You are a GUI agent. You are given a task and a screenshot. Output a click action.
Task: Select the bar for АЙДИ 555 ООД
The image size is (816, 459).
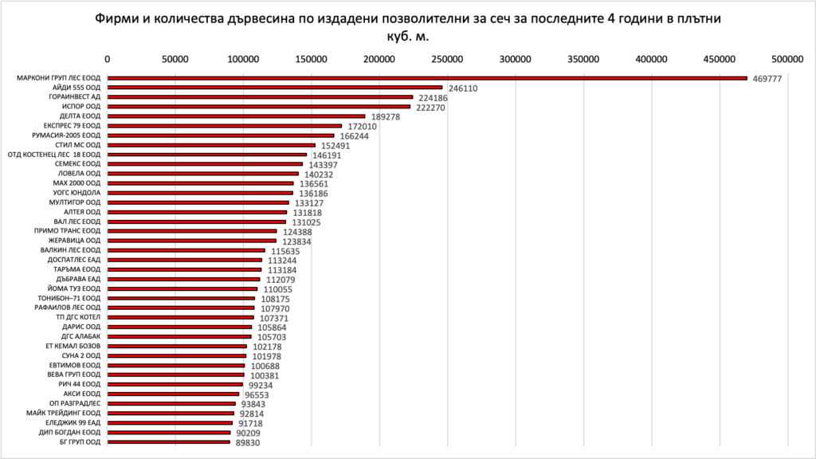pos(274,88)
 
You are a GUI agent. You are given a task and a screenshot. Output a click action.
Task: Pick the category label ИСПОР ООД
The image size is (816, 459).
pos(80,107)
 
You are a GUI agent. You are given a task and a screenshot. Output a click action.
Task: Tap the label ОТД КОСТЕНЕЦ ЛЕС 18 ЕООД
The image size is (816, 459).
pos(54,155)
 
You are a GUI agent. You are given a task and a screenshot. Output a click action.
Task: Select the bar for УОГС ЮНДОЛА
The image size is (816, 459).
pos(200,193)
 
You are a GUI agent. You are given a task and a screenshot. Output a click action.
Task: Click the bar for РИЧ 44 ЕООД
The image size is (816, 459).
pos(175,384)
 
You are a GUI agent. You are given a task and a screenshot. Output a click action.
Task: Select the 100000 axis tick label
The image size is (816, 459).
pos(243,58)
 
